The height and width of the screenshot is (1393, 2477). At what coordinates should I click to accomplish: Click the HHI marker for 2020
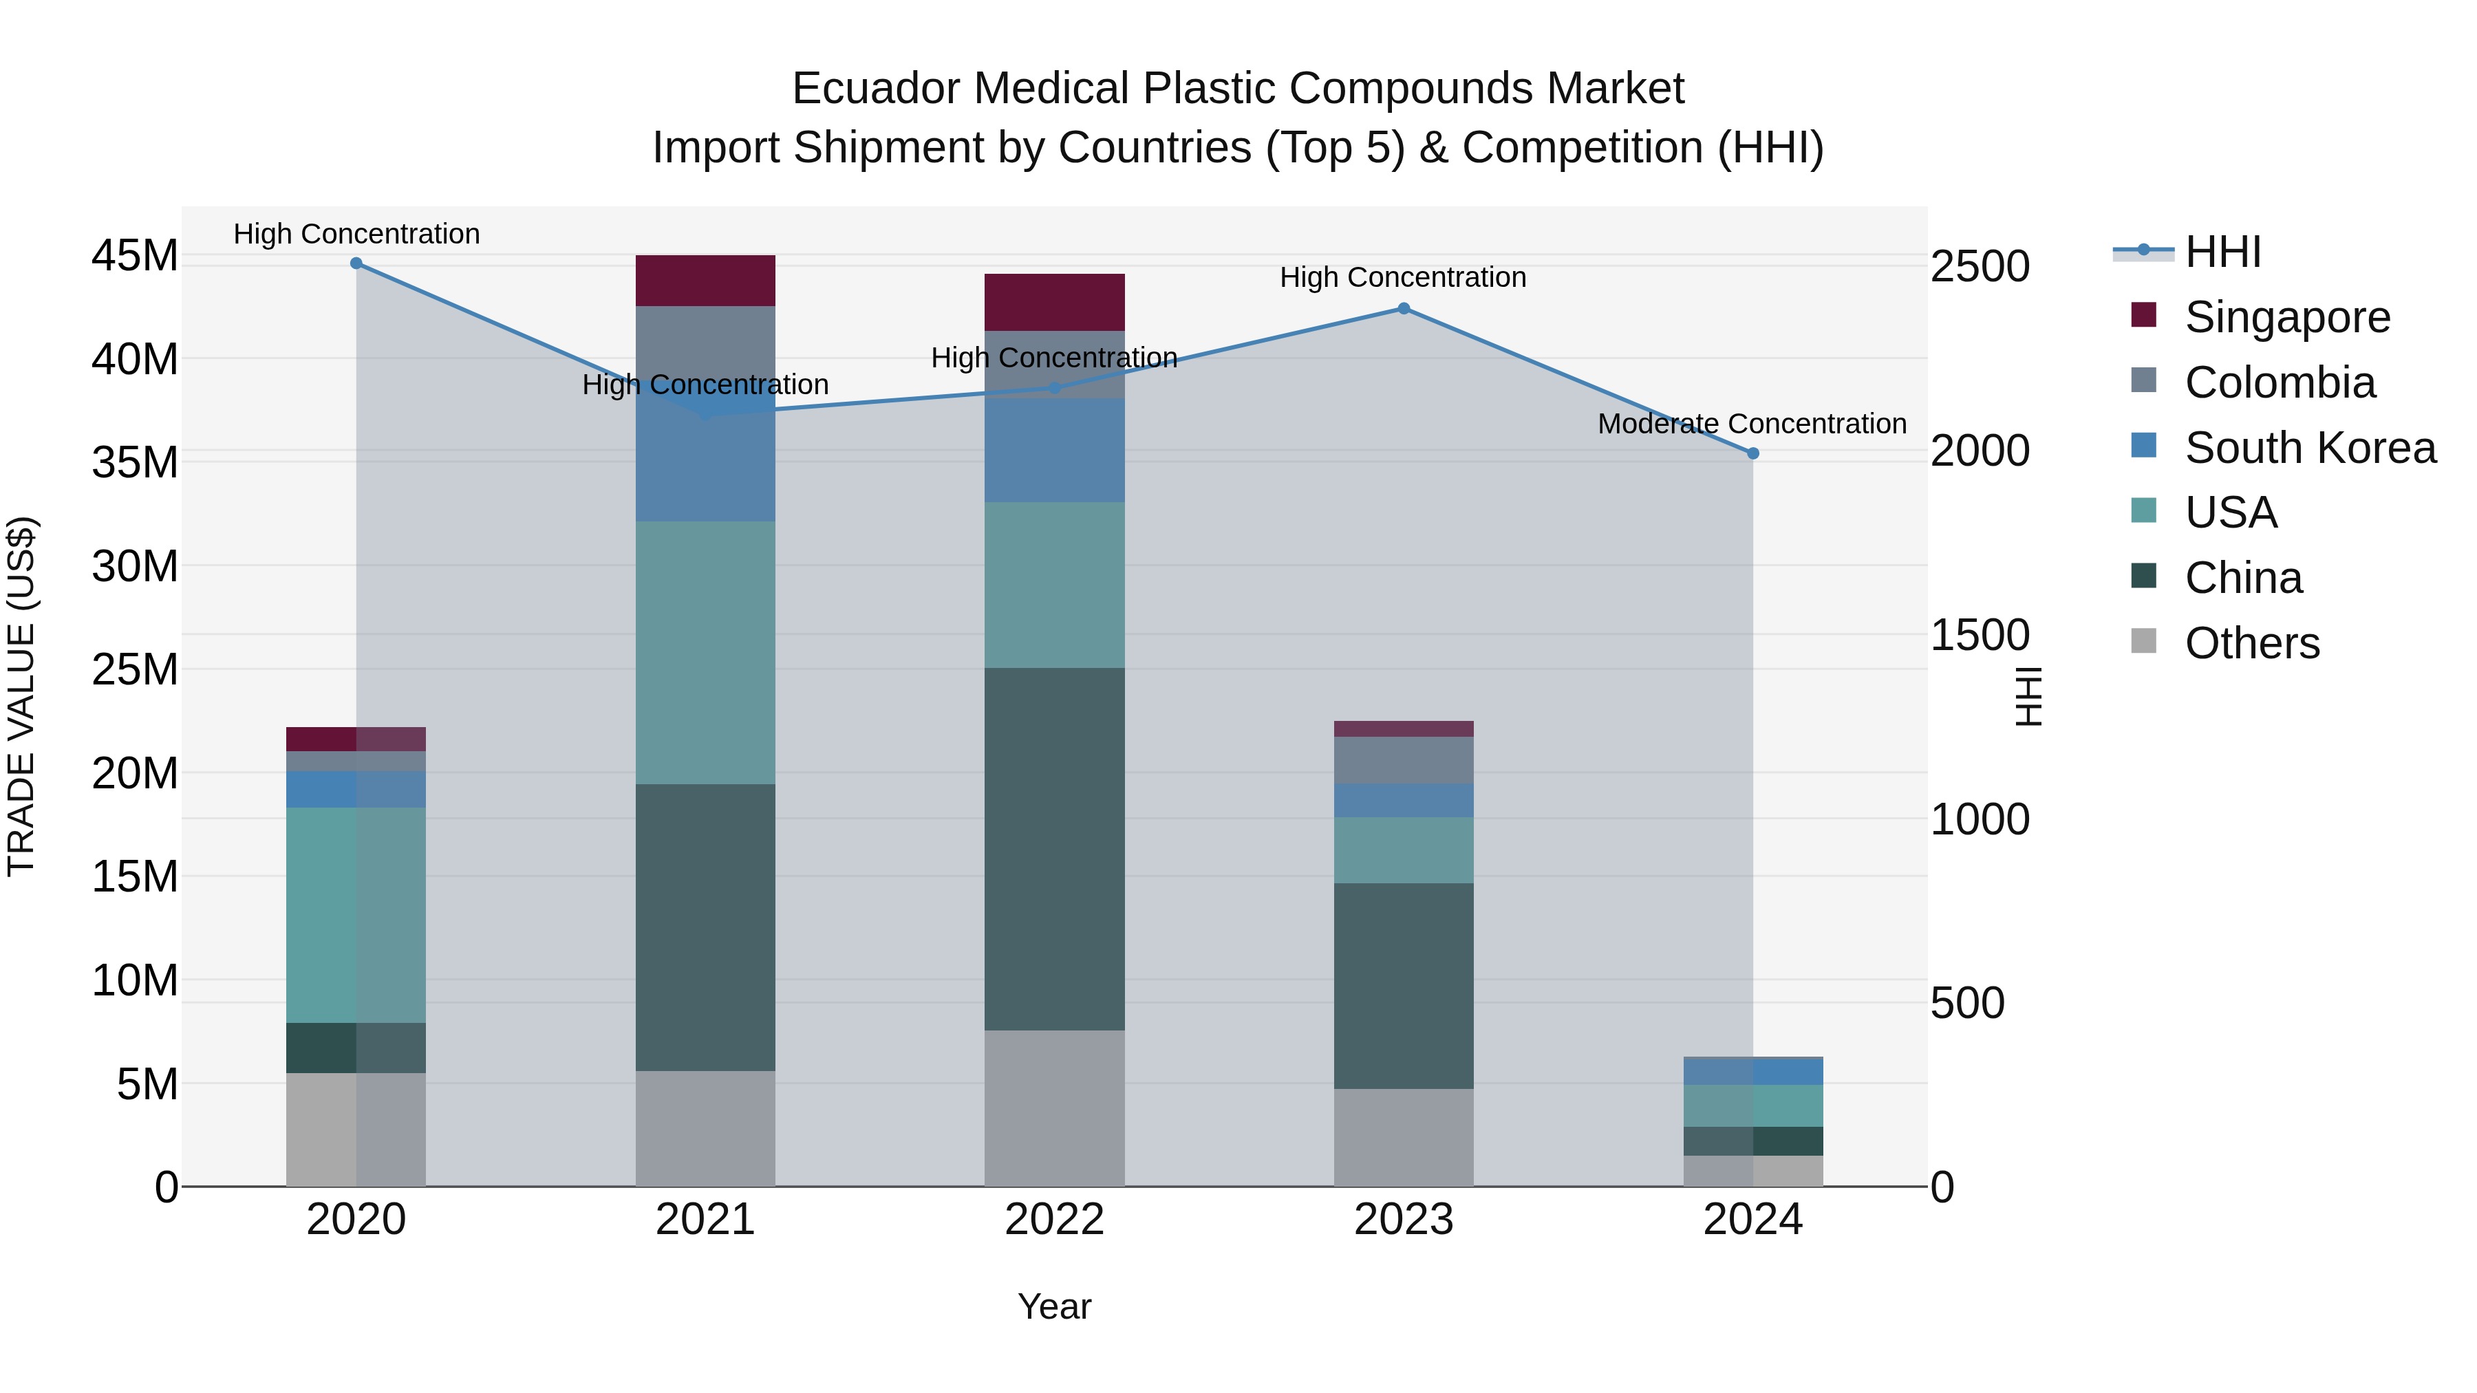pos(356,263)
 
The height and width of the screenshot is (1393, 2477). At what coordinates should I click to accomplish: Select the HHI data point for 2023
pos(1403,309)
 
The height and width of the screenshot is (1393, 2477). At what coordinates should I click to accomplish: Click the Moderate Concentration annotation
pos(1751,424)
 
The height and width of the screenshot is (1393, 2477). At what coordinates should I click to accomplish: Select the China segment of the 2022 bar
pos(1054,849)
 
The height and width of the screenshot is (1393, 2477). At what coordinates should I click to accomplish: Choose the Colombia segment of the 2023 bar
pos(1403,760)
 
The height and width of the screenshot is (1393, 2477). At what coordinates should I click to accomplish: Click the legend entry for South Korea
pos(2310,448)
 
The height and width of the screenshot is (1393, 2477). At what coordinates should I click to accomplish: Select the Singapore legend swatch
pos(2143,315)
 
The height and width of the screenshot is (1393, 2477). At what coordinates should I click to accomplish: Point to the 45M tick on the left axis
pos(135,257)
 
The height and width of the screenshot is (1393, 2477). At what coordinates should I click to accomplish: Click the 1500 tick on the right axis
pos(1980,636)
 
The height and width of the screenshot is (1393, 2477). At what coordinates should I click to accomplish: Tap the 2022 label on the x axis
pos(1054,1220)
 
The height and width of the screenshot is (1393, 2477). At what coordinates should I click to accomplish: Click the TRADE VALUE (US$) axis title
pos(22,696)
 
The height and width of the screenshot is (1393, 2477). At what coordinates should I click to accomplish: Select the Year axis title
pos(1054,1306)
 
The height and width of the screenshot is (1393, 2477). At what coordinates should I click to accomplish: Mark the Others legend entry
pos(2251,643)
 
